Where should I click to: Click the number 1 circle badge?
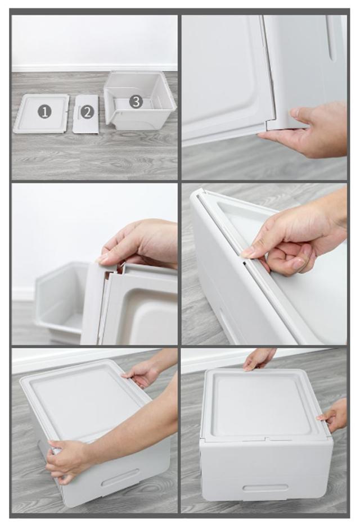coord(44,111)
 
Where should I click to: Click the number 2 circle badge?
coord(87,112)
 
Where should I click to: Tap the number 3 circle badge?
coord(136,101)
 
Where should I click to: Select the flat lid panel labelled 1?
coord(41,113)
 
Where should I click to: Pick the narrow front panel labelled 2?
coord(86,114)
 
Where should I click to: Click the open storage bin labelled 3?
coord(139,101)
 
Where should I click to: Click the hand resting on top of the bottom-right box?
coord(259,359)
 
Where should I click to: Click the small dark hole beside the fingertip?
coord(244,261)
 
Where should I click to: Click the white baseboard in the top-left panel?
coord(94,67)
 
